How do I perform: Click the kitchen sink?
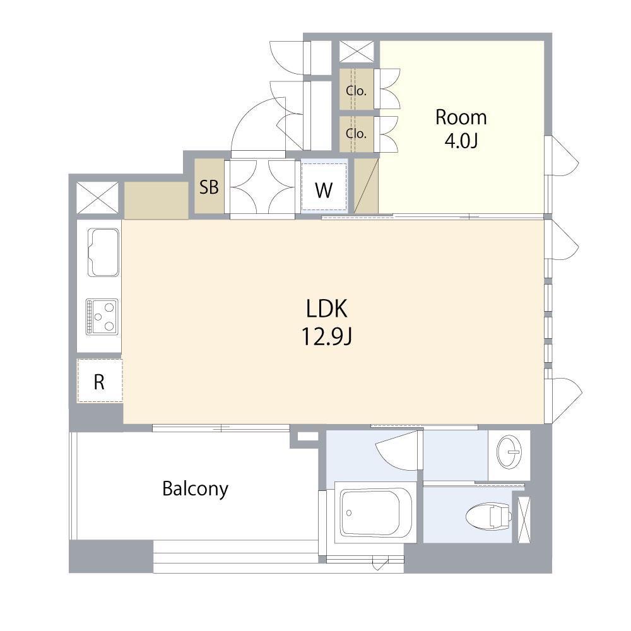(103, 252)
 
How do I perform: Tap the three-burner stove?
(102, 317)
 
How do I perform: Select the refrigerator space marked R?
(100, 380)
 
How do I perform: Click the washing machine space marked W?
(324, 185)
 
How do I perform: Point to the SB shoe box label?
(209, 187)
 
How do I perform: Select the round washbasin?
(509, 452)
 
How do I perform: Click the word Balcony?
(195, 489)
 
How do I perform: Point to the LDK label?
(326, 309)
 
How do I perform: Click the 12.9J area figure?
(327, 337)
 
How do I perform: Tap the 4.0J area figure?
(461, 141)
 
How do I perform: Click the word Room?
(461, 117)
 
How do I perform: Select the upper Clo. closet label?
(356, 90)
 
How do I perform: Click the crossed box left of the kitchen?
(98, 198)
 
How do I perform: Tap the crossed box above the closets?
(357, 52)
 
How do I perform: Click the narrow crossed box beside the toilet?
(524, 519)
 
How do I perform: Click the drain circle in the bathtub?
(349, 512)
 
